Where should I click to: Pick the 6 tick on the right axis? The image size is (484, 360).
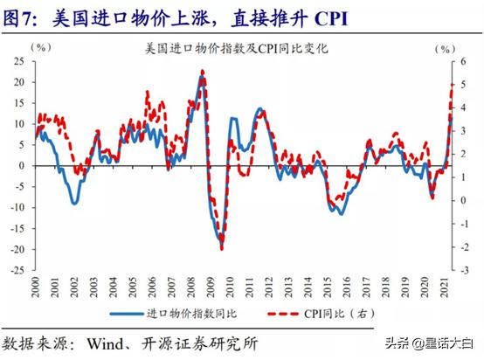pos(466,61)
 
